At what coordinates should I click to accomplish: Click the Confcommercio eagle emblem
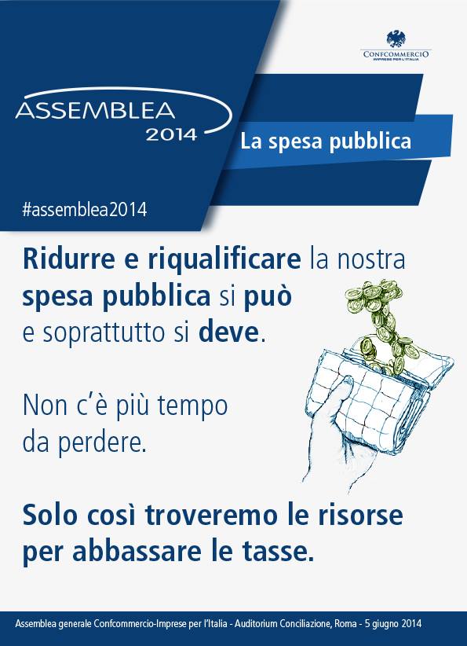[x=396, y=39]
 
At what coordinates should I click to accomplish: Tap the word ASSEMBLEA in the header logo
[x=95, y=111]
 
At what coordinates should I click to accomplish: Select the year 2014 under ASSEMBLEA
[x=171, y=134]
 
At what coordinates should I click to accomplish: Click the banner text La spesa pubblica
[x=326, y=141]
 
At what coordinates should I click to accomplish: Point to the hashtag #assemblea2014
[x=84, y=209]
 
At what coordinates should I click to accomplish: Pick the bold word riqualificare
[x=224, y=260]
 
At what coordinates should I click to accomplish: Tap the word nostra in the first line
[x=370, y=260]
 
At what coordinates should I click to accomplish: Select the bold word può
[x=268, y=296]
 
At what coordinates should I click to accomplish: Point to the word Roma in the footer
[x=345, y=623]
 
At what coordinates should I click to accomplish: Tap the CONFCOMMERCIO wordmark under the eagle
[x=396, y=54]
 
